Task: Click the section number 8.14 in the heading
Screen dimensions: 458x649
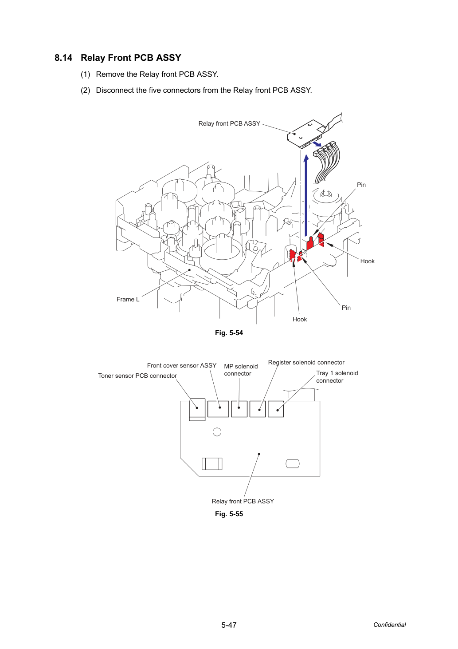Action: coord(63,58)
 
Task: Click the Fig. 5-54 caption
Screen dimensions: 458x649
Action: coord(229,333)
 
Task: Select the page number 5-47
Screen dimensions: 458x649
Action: coord(229,625)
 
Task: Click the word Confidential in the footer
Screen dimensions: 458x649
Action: coord(389,625)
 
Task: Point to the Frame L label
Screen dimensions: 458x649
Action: coord(128,299)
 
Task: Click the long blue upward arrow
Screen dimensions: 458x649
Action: coord(306,196)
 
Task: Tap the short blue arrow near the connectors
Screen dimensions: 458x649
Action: coord(317,144)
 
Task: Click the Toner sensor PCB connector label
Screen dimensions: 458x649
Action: coord(137,376)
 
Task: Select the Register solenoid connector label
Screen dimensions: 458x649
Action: coord(306,363)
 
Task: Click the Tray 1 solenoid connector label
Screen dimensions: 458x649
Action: coord(337,376)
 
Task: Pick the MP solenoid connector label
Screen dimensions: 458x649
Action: coord(241,370)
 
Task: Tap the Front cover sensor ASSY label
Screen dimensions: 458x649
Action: coord(182,366)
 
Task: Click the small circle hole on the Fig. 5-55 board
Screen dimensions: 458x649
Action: coord(217,432)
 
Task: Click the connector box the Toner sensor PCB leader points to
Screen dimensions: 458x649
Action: coord(197,410)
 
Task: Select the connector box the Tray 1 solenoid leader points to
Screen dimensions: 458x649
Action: coord(276,409)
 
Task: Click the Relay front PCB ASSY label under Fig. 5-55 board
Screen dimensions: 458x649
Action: coord(243,501)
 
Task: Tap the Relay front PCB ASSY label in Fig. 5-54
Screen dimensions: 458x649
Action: coord(229,124)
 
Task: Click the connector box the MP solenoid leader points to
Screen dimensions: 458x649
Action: coord(239,409)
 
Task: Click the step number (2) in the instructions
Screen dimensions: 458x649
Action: coord(86,91)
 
